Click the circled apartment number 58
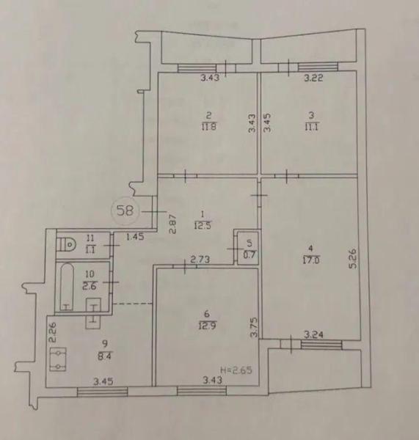click(x=125, y=210)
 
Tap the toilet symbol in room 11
click(x=67, y=245)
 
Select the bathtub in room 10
click(x=67, y=287)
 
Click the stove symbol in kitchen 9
click(x=58, y=359)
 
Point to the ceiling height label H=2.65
click(x=236, y=370)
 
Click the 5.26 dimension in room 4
click(x=353, y=258)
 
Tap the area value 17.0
click(x=311, y=260)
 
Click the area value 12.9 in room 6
click(x=208, y=326)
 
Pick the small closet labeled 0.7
click(x=248, y=248)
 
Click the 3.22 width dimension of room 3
click(x=313, y=78)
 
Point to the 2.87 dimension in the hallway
click(x=172, y=224)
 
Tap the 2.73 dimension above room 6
click(x=200, y=260)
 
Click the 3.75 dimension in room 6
click(x=254, y=328)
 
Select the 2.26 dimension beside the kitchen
click(x=52, y=332)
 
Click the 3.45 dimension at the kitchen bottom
click(x=103, y=381)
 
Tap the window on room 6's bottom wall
click(x=201, y=391)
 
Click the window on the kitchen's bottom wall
click(x=102, y=392)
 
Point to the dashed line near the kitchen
click(x=133, y=304)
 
